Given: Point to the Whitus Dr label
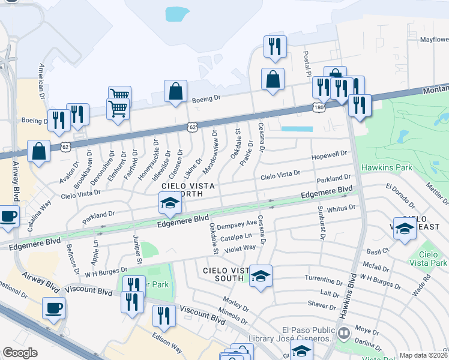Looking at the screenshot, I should pyautogui.click(x=342, y=207).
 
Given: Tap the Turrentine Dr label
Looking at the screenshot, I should pyautogui.click(x=323, y=280).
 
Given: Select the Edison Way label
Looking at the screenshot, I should pyautogui.click(x=166, y=341).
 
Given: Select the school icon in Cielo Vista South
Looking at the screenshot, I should pyautogui.click(x=261, y=276).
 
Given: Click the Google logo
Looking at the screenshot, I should pyautogui.click(x=20, y=353).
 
